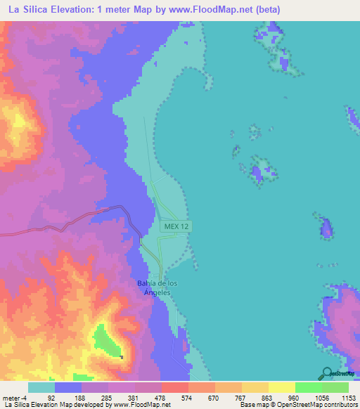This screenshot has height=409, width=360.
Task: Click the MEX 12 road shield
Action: (177, 226)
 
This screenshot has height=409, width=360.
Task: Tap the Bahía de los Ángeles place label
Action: (157, 287)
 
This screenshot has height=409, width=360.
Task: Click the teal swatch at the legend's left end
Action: (41, 387)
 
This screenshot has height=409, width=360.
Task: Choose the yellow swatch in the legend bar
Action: (281, 387)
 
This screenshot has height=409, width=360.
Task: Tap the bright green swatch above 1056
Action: (308, 387)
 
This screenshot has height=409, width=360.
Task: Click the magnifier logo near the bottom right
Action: (327, 374)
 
